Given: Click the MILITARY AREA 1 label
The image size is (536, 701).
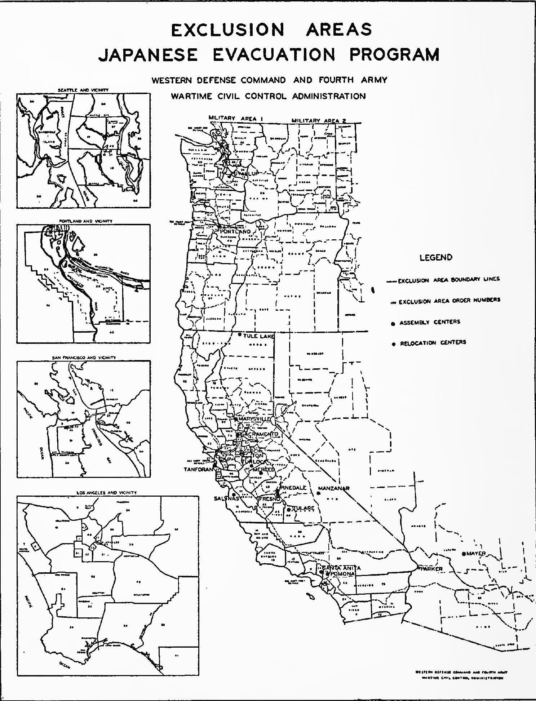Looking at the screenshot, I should pos(233,118).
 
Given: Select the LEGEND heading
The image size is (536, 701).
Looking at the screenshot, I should pos(436,257).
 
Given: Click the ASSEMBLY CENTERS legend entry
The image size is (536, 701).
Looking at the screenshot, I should pos(429,322).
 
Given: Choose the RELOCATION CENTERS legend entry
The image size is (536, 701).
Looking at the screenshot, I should pos(433,342).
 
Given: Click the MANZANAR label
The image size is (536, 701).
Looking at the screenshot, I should pos(333,488).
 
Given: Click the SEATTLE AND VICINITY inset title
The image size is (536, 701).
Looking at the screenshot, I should pos(83,90).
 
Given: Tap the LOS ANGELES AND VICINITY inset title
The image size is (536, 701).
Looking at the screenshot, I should pos(107,493).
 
